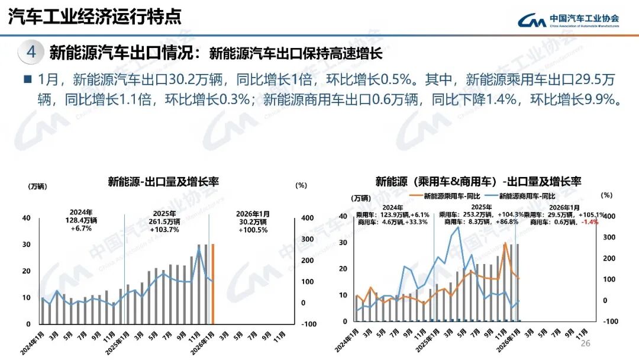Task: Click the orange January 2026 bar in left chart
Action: click(x=213, y=284)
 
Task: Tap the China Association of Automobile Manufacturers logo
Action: click(x=569, y=20)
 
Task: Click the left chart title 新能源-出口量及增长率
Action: click(x=163, y=182)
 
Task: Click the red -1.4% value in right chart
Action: click(x=590, y=222)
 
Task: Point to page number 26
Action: click(x=586, y=344)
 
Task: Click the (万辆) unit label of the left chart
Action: click(x=37, y=185)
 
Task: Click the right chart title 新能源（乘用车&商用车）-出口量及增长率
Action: click(x=478, y=181)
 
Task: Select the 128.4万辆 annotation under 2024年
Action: click(x=80, y=220)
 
